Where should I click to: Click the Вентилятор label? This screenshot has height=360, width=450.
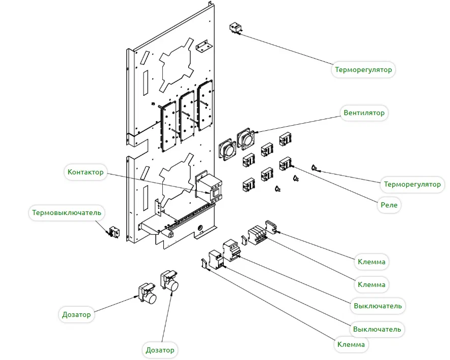pos(364,113)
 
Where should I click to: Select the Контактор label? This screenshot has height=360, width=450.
pos(85,172)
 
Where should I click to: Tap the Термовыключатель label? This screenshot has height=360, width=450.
pos(66,212)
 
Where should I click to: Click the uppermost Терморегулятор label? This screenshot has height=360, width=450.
pos(363,69)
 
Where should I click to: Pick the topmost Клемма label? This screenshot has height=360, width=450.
pos(371,262)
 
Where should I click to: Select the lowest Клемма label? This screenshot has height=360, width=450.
pos(351,345)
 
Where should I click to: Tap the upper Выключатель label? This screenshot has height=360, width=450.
pos(377,306)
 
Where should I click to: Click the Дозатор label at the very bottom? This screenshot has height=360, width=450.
pos(160,350)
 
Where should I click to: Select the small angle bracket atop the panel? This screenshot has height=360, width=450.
pos(203,46)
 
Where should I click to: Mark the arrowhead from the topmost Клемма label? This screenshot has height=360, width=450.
pos(274,232)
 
